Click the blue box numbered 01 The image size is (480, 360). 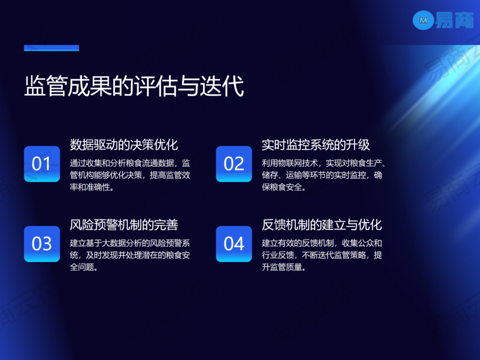tap(42, 164)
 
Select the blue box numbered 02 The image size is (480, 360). tap(234, 164)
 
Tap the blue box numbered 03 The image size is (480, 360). tap(42, 244)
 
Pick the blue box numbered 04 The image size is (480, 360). tap(234, 244)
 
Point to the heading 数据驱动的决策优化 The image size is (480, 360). tap(124, 145)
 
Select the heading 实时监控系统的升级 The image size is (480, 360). tap(316, 145)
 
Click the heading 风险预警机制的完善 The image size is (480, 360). tap(124, 225)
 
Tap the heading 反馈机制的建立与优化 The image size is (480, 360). tap(322, 225)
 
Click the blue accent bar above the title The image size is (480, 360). tap(51, 48)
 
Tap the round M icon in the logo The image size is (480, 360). tap(423, 21)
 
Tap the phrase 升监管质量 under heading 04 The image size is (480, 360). tap(283, 267)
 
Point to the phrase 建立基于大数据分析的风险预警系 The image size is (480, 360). tap(130, 243)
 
